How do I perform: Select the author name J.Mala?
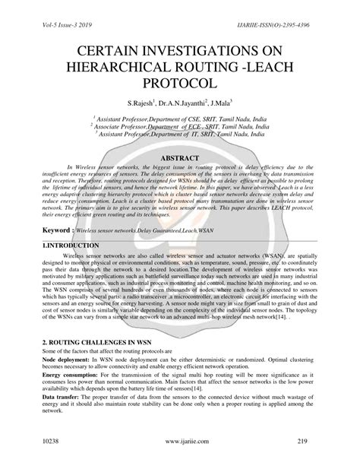pyautogui.click(x=225, y=100)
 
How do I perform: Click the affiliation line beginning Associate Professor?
pyautogui.click(x=180, y=126)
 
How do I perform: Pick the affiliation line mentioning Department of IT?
pyautogui.click(x=180, y=134)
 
